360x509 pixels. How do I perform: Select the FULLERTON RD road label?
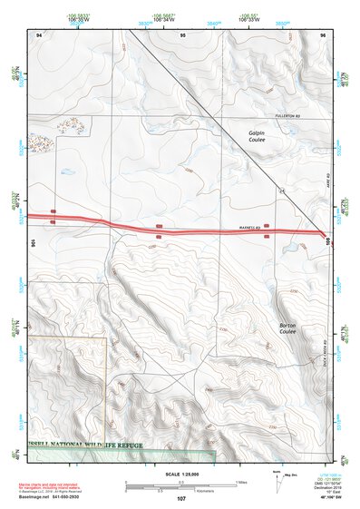tap(277, 116)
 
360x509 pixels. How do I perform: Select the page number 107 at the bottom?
tap(180, 499)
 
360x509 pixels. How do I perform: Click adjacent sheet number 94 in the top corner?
tap(39, 34)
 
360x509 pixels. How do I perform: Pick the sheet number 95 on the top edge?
tap(182, 34)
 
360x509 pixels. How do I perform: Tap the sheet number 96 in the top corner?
tap(323, 34)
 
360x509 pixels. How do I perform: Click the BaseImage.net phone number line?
tap(62, 496)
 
